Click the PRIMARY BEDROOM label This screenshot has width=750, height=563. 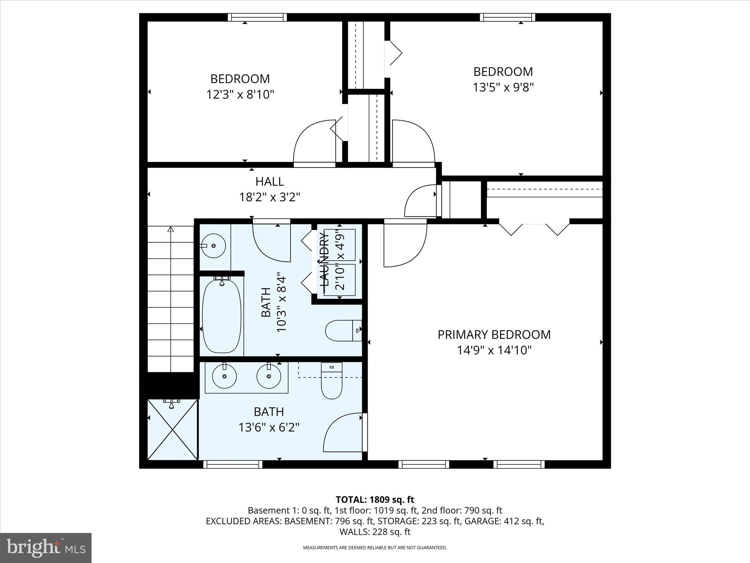(x=494, y=335)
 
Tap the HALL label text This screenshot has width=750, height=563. (x=270, y=181)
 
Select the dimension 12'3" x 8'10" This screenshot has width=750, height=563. (x=240, y=95)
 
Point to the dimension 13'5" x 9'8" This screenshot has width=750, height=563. (x=503, y=87)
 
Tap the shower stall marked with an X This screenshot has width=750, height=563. (x=172, y=430)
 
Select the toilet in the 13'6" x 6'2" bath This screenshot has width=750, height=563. (x=331, y=381)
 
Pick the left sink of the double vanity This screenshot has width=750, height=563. (x=224, y=376)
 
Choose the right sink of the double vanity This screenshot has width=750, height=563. (x=268, y=376)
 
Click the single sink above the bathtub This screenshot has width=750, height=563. (x=214, y=246)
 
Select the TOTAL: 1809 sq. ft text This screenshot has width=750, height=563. (x=375, y=500)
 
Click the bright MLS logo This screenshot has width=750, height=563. (x=46, y=548)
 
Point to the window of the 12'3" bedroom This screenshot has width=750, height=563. (x=257, y=17)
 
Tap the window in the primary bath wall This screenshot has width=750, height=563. (x=233, y=464)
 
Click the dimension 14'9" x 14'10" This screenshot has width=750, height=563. (x=494, y=350)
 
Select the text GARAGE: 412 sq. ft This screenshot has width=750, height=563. (x=504, y=521)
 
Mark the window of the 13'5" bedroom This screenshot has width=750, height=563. (x=507, y=17)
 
